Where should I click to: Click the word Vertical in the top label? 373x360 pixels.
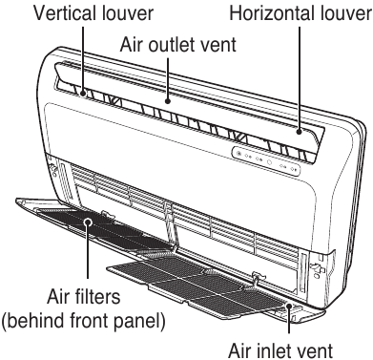tap(65, 13)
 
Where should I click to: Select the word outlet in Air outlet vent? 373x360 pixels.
tap(179, 44)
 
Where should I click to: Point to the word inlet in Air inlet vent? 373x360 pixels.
tap(281, 350)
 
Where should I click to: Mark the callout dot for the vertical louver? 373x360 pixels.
tap(84, 94)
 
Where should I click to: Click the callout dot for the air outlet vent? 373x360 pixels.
tap(168, 101)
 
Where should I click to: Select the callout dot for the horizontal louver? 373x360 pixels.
tap(299, 131)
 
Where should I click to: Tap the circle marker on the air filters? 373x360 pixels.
tap(88, 222)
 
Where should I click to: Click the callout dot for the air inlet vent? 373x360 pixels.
tap(289, 306)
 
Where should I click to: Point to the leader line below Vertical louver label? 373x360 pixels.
tap(84, 59)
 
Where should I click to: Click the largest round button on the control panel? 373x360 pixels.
tap(269, 161)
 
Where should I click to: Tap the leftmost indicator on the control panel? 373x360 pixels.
tap(238, 154)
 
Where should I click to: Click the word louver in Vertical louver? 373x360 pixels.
tap(128, 13)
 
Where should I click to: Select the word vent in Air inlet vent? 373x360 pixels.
tap(319, 350)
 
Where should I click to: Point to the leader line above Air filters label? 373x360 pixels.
tap(88, 254)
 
